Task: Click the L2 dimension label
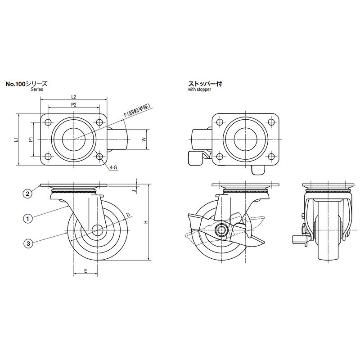click(73, 97)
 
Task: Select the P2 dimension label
click(73, 105)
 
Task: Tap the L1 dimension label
click(16, 139)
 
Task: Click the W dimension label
click(144, 139)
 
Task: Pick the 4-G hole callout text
click(113, 168)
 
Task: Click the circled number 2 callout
click(27, 193)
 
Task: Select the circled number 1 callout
click(28, 219)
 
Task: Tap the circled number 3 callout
click(28, 243)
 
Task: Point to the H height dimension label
click(146, 222)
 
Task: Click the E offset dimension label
click(85, 271)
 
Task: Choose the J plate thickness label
click(135, 190)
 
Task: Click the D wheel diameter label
click(128, 215)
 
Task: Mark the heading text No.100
click(16, 84)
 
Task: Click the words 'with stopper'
click(199, 90)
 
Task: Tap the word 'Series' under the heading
click(37, 89)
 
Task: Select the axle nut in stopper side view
click(221, 230)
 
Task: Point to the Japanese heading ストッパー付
click(205, 84)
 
